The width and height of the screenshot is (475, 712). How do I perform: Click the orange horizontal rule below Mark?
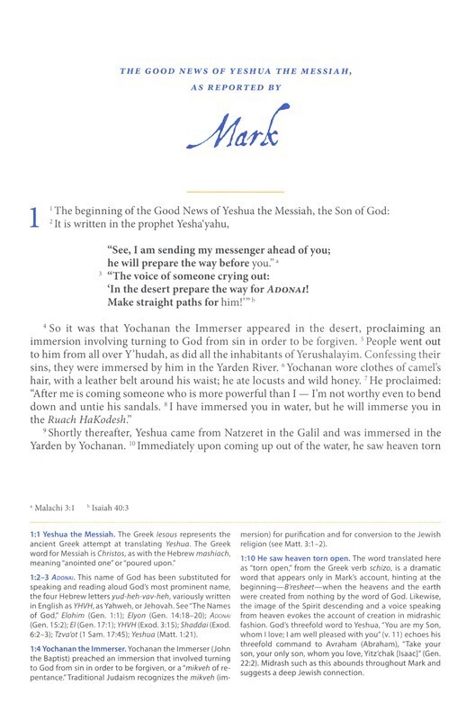pos(237,192)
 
